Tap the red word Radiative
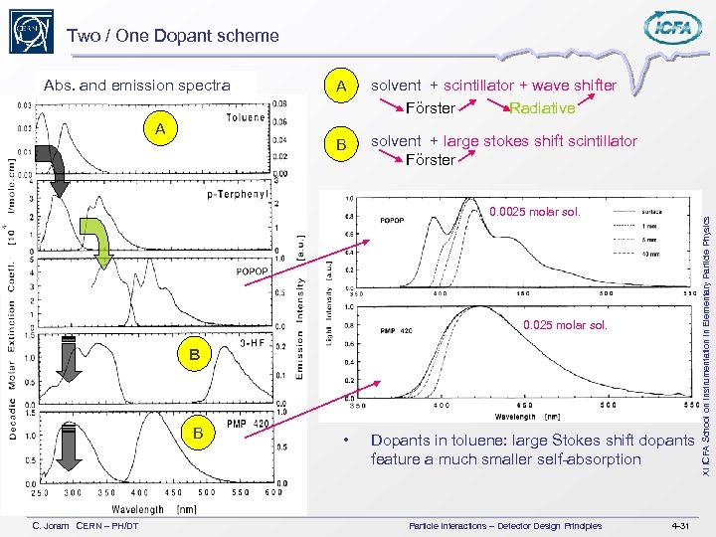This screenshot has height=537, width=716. coord(542,108)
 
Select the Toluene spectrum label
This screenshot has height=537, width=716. coord(246,117)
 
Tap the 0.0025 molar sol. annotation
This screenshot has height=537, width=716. coord(534,213)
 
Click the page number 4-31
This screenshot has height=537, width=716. coord(681,524)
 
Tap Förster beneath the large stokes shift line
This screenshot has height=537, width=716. coord(431,159)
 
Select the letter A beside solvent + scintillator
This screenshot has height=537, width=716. coord(341,88)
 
